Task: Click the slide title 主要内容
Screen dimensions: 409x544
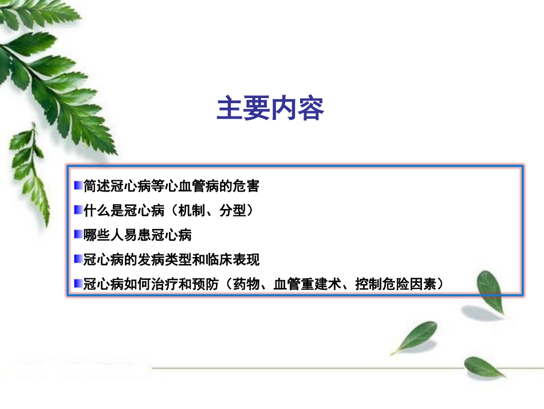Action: point(270,108)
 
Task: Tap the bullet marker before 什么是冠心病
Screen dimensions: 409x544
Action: point(78,211)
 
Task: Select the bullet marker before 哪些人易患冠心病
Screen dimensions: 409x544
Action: point(78,235)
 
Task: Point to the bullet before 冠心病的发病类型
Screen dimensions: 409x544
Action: point(78,259)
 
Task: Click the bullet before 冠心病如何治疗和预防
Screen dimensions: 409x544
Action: point(78,283)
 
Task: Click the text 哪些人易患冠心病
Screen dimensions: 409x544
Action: point(137,235)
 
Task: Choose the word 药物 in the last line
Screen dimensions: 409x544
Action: point(247,284)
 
